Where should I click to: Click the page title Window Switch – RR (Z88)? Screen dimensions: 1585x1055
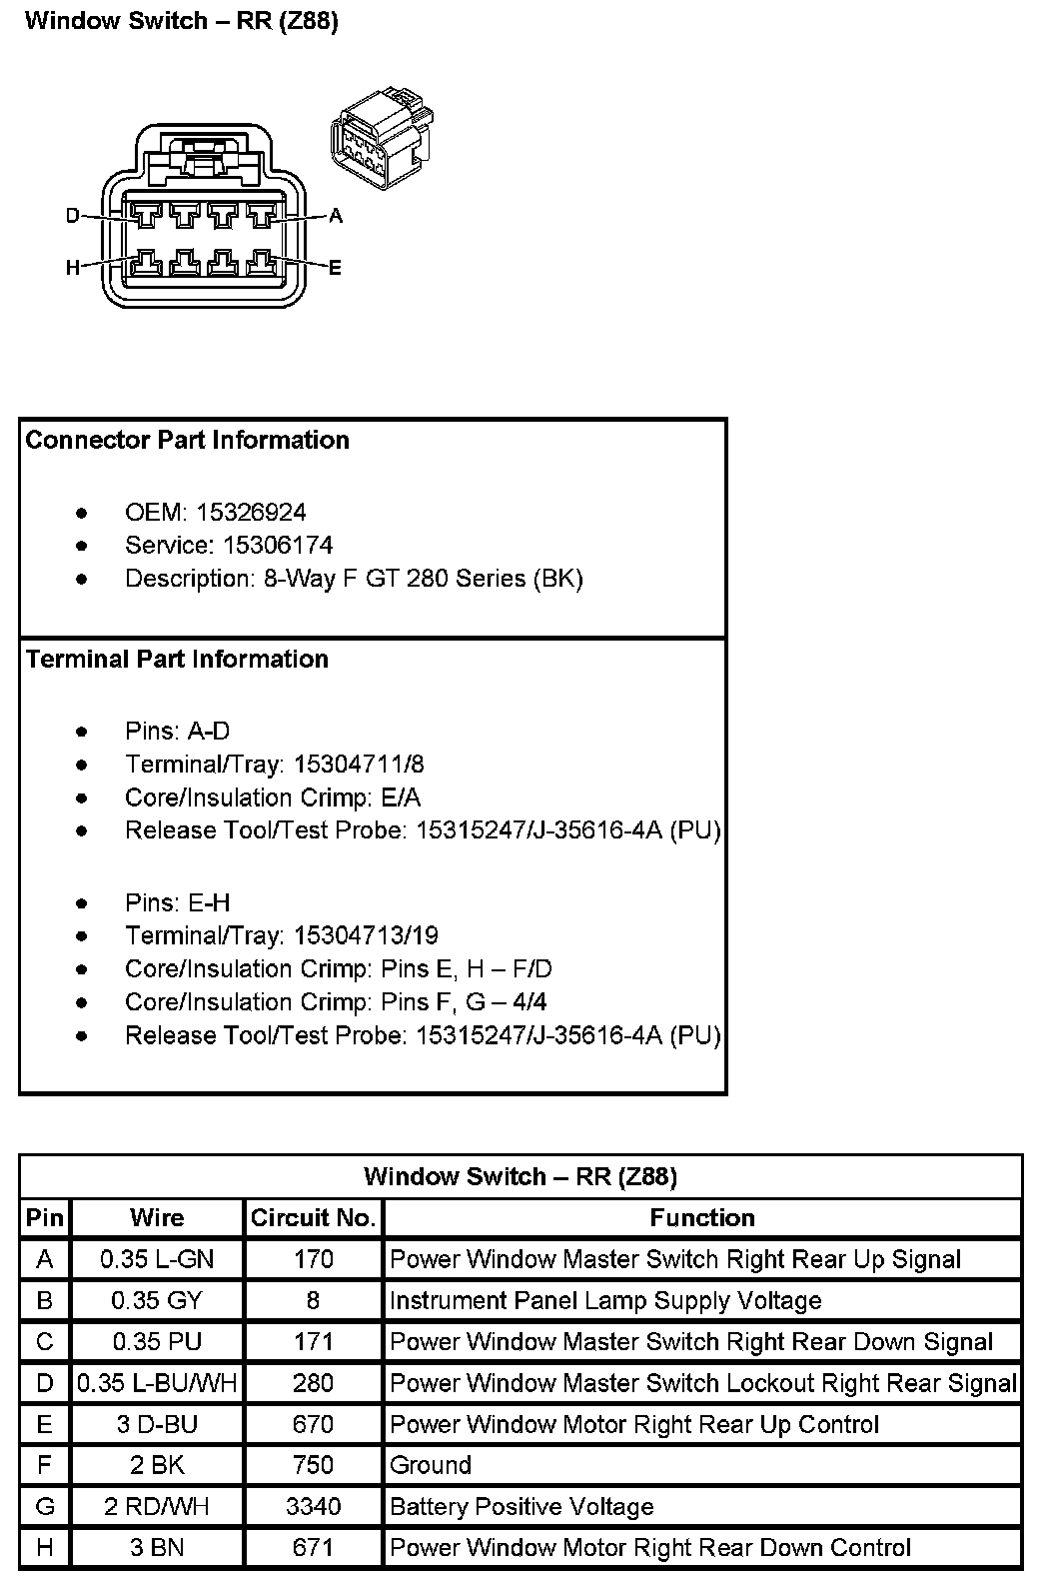pyautogui.click(x=181, y=22)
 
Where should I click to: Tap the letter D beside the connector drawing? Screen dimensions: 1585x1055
pyautogui.click(x=72, y=216)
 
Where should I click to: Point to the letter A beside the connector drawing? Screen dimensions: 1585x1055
pyautogui.click(x=336, y=216)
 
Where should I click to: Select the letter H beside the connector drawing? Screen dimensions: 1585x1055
pyautogui.click(x=72, y=267)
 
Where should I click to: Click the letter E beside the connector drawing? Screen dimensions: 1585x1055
pyautogui.click(x=335, y=267)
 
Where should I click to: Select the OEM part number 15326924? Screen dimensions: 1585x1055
pyautogui.click(x=251, y=513)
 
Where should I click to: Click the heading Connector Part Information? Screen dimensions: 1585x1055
pyautogui.click(x=187, y=441)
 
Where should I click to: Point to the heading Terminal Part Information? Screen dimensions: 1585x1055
pyautogui.click(x=177, y=660)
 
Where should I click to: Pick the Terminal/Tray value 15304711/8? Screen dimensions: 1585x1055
pyautogui.click(x=359, y=766)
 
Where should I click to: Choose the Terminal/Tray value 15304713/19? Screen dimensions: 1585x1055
pyautogui.click(x=366, y=936)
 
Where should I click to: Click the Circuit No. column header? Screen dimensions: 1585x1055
pyautogui.click(x=313, y=1218)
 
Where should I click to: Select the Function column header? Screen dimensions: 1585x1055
pyautogui.click(x=702, y=1218)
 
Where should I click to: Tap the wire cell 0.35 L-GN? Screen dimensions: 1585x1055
pyautogui.click(x=157, y=1259)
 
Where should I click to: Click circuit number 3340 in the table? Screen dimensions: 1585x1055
pyautogui.click(x=313, y=1506)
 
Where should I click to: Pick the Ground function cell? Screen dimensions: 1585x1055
pyautogui.click(x=431, y=1465)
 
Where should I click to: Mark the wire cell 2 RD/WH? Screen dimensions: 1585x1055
pyautogui.click(x=157, y=1506)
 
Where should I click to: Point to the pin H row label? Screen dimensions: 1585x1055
pyautogui.click(x=45, y=1547)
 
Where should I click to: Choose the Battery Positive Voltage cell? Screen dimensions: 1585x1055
pyautogui.click(x=522, y=1506)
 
